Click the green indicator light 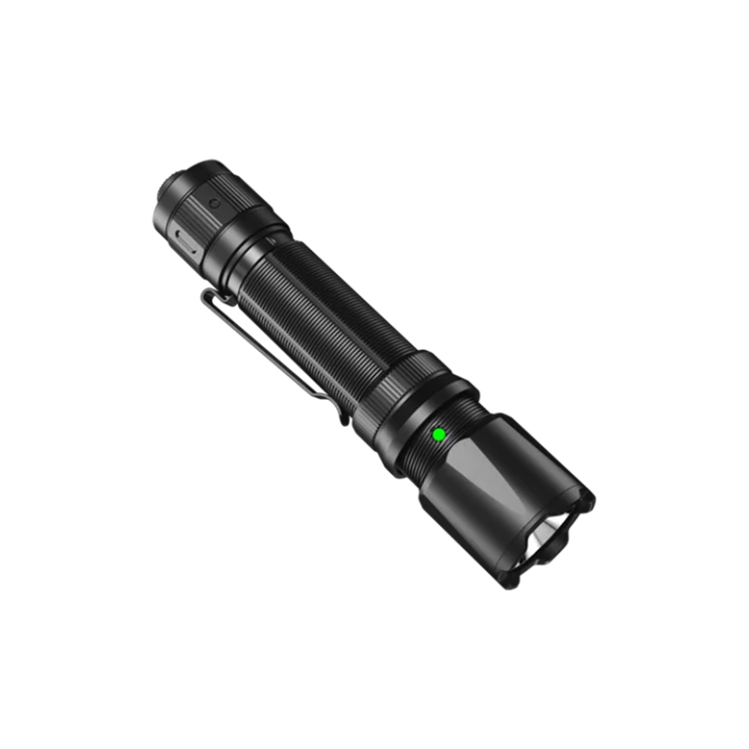coord(437,434)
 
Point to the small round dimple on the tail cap coord(213,201)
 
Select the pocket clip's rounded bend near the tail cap coord(208,298)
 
